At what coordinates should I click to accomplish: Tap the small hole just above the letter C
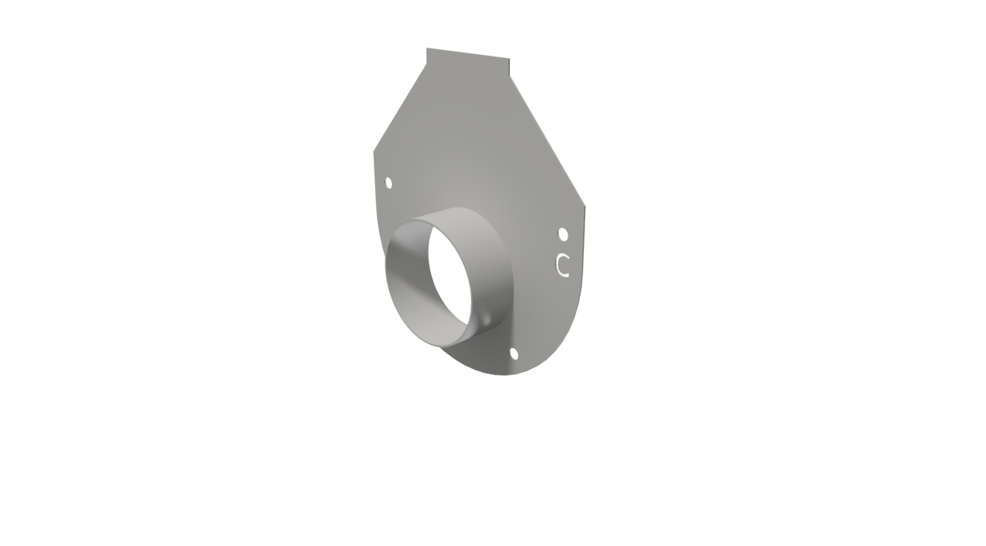[x=563, y=234]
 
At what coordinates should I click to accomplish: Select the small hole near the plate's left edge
[x=389, y=183]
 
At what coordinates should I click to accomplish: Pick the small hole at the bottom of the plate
[x=514, y=353]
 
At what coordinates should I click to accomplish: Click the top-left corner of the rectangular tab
[x=427, y=48]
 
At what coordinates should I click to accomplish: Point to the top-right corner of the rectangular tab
[x=509, y=59]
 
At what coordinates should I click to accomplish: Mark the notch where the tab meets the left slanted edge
[x=426, y=64]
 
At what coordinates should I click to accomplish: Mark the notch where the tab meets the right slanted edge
[x=510, y=75]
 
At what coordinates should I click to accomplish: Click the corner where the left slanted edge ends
[x=374, y=152]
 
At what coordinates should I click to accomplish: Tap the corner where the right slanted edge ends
[x=585, y=207]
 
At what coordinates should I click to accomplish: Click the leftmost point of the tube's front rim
[x=386, y=264]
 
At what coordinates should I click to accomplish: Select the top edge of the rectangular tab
[x=468, y=53]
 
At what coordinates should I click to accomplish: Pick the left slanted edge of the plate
[x=400, y=108]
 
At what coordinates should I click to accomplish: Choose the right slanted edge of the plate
[x=547, y=141]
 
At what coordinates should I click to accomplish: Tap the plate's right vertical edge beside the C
[x=583, y=258]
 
